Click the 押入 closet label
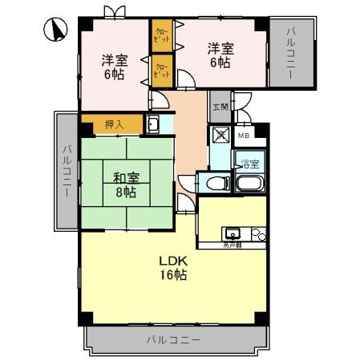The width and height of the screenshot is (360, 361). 115,124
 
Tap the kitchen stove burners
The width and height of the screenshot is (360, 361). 257,235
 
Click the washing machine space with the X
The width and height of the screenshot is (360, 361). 220,136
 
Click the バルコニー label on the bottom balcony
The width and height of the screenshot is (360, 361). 172,339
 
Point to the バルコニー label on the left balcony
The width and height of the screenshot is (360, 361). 67,168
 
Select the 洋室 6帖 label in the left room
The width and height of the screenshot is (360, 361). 112,67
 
